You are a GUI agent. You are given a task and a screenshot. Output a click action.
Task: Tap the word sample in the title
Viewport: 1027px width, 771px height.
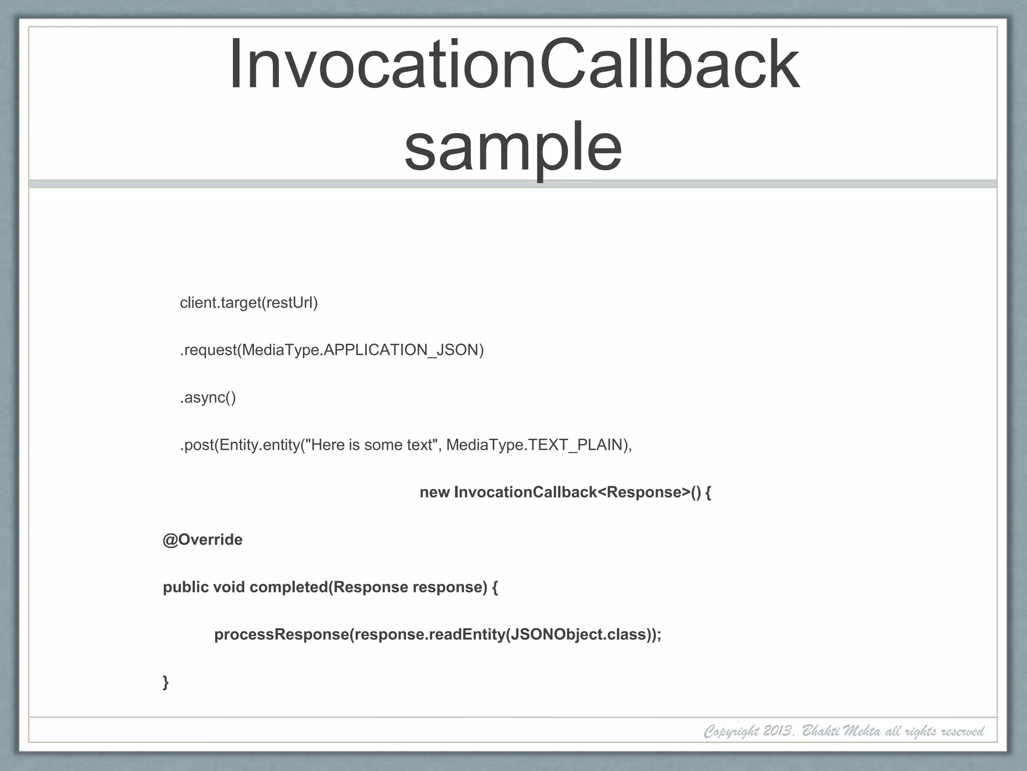513,147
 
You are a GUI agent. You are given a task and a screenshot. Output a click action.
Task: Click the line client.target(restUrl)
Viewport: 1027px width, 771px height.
249,303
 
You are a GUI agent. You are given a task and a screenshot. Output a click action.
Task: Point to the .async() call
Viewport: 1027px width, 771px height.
208,398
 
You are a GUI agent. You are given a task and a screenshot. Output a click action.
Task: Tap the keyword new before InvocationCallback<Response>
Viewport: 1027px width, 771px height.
434,492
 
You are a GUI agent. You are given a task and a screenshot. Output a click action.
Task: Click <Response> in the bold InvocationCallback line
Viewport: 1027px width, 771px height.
644,492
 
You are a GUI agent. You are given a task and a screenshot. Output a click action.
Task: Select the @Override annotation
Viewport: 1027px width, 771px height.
203,540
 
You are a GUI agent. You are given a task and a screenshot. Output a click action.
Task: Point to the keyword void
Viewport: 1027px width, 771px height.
229,587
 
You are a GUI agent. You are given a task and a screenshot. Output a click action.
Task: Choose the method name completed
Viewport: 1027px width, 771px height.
288,587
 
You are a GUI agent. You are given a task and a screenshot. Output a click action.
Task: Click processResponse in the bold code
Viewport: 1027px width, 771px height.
281,635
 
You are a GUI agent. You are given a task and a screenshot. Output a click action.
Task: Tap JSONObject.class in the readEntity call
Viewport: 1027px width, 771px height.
577,635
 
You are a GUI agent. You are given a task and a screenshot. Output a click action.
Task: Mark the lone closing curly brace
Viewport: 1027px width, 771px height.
166,682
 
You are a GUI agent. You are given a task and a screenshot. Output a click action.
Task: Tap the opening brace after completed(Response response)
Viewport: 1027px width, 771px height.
495,587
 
